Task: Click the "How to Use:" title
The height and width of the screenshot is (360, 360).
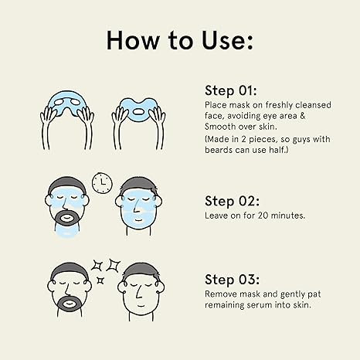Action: (x=180, y=40)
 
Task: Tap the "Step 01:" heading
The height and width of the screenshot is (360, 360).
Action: (x=231, y=90)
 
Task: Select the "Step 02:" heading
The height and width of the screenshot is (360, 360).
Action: (x=232, y=201)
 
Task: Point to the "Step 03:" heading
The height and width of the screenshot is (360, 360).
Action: (x=232, y=280)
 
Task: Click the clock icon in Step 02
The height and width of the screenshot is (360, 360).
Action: (x=102, y=183)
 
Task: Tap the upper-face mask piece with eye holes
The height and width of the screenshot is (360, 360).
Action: (x=67, y=103)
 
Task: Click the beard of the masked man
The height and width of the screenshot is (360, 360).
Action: (x=66, y=218)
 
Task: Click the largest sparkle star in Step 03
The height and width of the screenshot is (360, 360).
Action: (x=114, y=265)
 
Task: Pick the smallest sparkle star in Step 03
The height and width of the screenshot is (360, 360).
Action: (x=100, y=280)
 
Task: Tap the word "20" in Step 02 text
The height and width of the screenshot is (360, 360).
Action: (x=263, y=216)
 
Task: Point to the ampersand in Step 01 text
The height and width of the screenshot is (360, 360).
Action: (x=302, y=116)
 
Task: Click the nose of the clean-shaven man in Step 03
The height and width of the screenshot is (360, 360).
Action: (x=138, y=293)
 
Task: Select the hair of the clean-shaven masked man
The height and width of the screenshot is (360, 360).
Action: (x=138, y=185)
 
